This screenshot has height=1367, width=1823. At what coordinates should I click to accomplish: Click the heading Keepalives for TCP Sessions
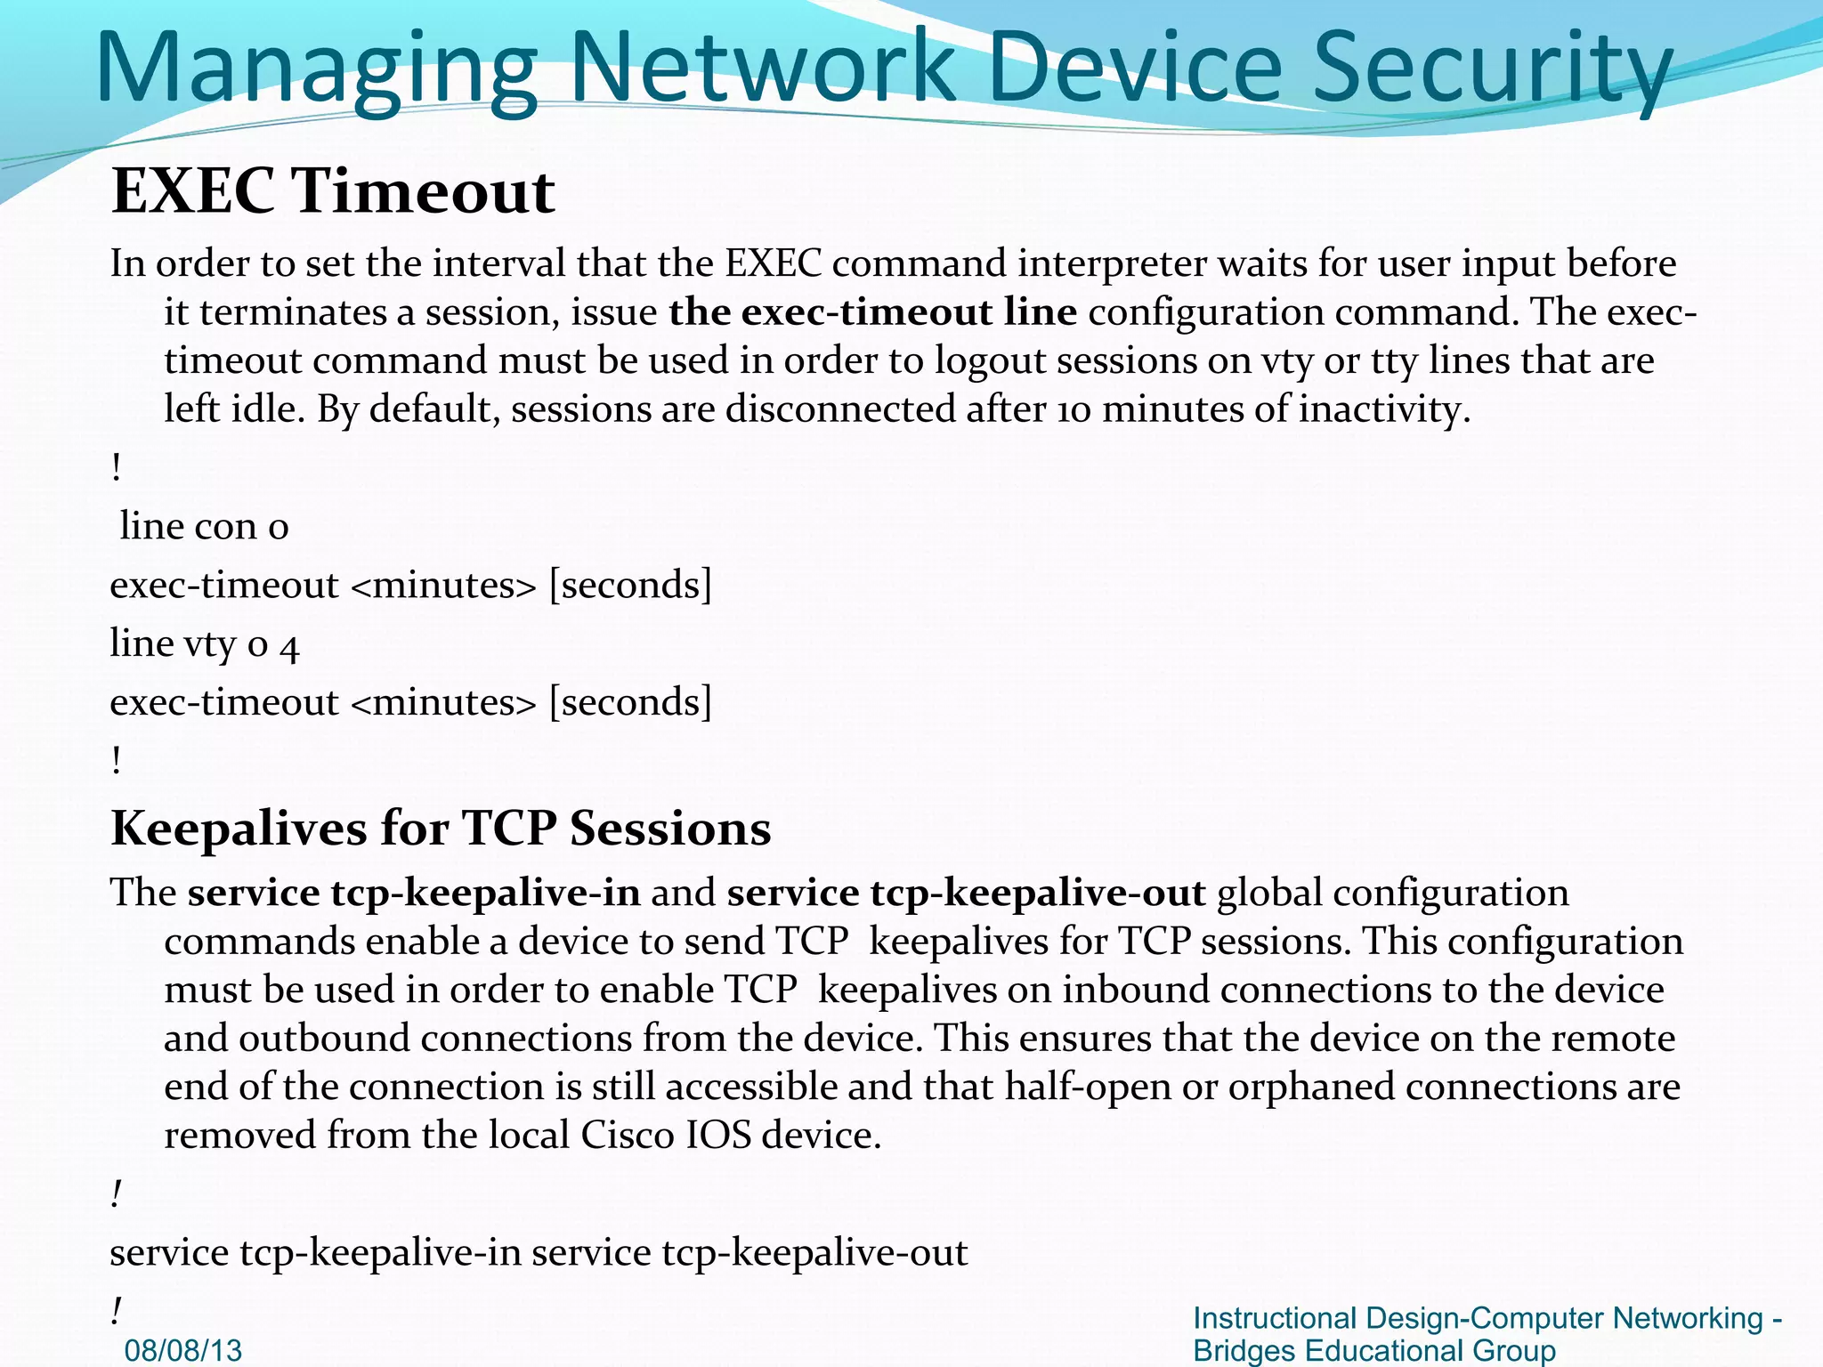(x=441, y=829)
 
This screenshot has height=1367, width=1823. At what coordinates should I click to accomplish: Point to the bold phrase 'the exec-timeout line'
(x=872, y=311)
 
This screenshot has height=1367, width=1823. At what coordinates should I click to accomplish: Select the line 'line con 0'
(x=204, y=526)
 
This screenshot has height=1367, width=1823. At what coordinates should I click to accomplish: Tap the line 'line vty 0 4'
(x=204, y=643)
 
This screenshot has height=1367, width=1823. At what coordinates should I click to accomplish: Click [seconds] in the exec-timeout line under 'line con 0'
(x=630, y=585)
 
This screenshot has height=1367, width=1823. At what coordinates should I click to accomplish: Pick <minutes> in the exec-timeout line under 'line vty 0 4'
(x=444, y=703)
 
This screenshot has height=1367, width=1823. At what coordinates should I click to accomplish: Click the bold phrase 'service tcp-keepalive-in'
(x=414, y=893)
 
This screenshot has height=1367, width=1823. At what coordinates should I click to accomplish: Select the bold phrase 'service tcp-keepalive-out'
(x=966, y=893)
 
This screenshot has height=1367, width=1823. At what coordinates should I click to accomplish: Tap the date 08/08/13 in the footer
(x=183, y=1350)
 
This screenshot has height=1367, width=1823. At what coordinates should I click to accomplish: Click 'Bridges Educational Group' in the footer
(x=1373, y=1350)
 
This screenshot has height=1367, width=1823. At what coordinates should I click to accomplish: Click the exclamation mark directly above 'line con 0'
(x=117, y=467)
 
